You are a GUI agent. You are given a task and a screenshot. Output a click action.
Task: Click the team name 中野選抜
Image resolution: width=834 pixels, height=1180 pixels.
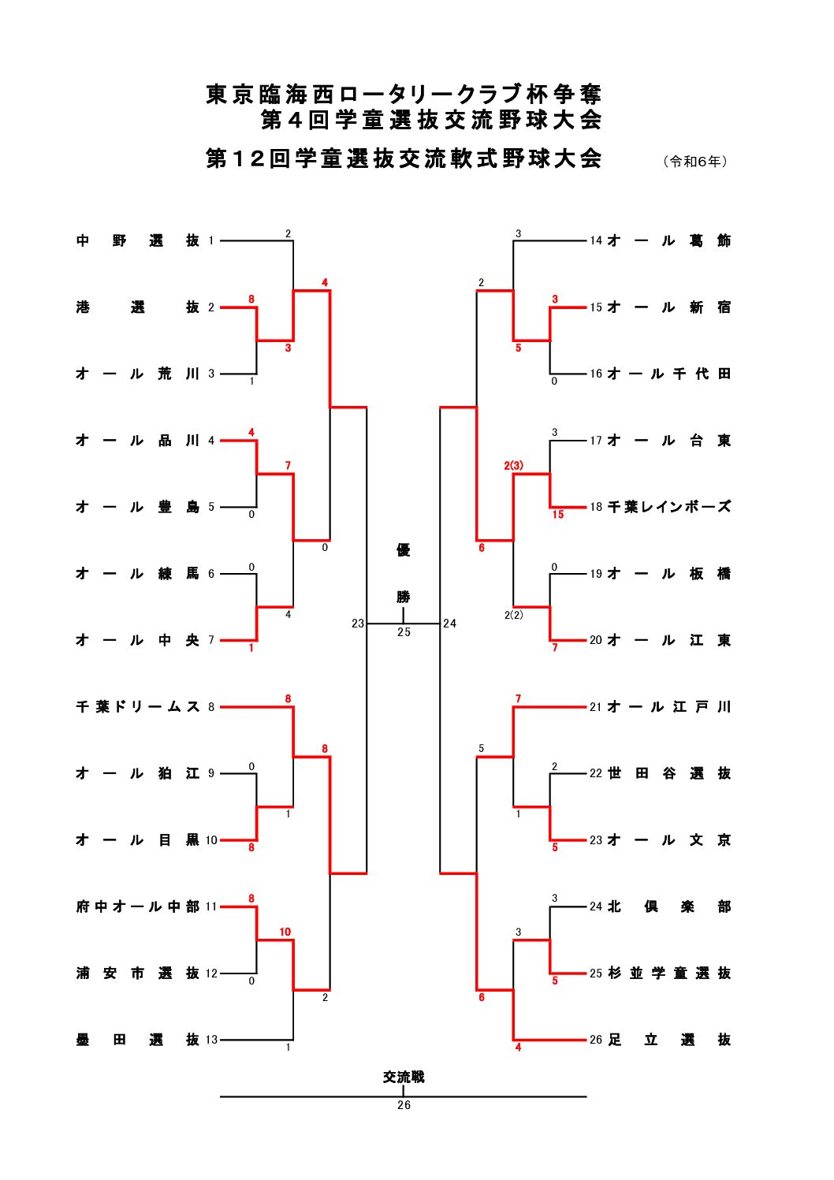[x=138, y=240]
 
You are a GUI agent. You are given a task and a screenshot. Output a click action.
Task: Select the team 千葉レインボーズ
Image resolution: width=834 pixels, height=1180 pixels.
[x=669, y=507]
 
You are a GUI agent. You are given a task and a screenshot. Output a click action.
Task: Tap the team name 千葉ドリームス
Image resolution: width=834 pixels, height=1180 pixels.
[x=138, y=707]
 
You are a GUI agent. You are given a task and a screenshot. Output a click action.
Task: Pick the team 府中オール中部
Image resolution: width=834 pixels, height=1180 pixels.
[x=138, y=906]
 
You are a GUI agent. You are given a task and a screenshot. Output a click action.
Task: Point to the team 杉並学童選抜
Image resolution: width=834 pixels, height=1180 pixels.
[x=669, y=973]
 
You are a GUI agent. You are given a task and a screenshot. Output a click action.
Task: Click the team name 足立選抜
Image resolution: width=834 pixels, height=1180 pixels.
[x=669, y=1040]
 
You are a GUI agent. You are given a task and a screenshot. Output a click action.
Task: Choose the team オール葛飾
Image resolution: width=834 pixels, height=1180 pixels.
[x=669, y=240]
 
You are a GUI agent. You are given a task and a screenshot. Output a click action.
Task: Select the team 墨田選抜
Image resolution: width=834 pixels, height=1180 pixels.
[x=138, y=1040]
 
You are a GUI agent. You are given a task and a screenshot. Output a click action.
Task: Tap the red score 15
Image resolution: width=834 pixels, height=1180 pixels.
[x=558, y=515]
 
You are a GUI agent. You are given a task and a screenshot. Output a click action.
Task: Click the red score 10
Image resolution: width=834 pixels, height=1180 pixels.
[x=285, y=932]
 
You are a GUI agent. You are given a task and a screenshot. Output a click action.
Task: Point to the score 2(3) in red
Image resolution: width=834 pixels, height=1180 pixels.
[x=514, y=465]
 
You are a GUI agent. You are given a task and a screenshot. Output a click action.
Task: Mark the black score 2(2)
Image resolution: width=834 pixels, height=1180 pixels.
[x=514, y=615]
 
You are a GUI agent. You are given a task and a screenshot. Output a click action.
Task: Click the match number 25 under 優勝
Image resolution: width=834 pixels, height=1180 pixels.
[x=404, y=632]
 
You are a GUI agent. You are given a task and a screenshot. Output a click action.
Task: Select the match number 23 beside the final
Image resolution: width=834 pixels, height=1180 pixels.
[x=358, y=624]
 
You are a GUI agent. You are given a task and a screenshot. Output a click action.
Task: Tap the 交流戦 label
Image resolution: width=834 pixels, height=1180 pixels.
[x=404, y=1077]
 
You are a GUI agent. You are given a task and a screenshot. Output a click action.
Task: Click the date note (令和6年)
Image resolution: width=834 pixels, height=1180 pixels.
[x=695, y=162]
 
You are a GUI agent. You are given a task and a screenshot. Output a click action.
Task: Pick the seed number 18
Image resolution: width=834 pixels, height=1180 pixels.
[x=596, y=507]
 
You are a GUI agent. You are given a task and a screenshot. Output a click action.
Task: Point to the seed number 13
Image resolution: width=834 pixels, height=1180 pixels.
[x=211, y=1040]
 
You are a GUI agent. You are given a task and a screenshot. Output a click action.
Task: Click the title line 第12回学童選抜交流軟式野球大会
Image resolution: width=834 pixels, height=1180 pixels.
[x=404, y=158]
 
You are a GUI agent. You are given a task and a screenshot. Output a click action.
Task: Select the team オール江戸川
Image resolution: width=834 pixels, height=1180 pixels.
[x=669, y=707]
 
